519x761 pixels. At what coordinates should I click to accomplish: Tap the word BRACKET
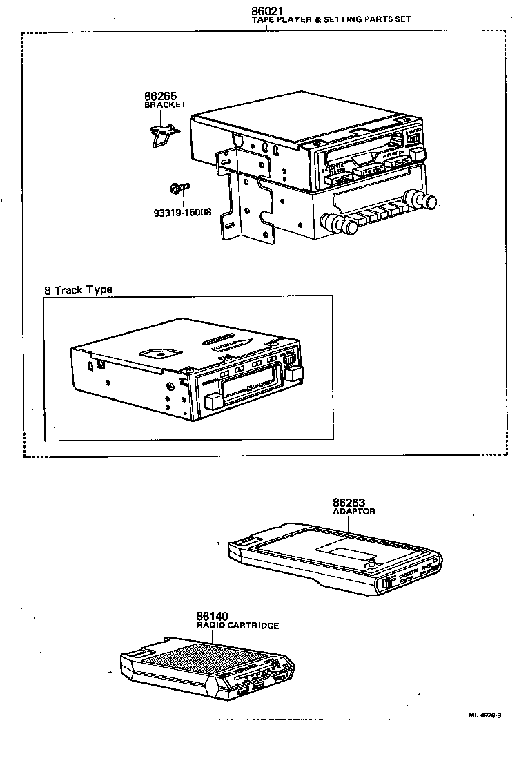tap(165, 104)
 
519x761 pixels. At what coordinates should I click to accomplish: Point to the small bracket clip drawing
tap(162, 133)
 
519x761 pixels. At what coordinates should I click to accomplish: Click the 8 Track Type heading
tap(78, 290)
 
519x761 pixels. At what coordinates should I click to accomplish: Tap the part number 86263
tap(350, 503)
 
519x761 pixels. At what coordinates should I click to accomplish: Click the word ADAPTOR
tap(353, 512)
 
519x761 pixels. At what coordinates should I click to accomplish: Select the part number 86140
tap(212, 616)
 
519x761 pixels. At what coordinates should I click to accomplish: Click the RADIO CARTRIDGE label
tap(237, 626)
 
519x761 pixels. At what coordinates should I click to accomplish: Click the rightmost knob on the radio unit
tap(429, 202)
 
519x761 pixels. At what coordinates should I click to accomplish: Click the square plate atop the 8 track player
tap(159, 353)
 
